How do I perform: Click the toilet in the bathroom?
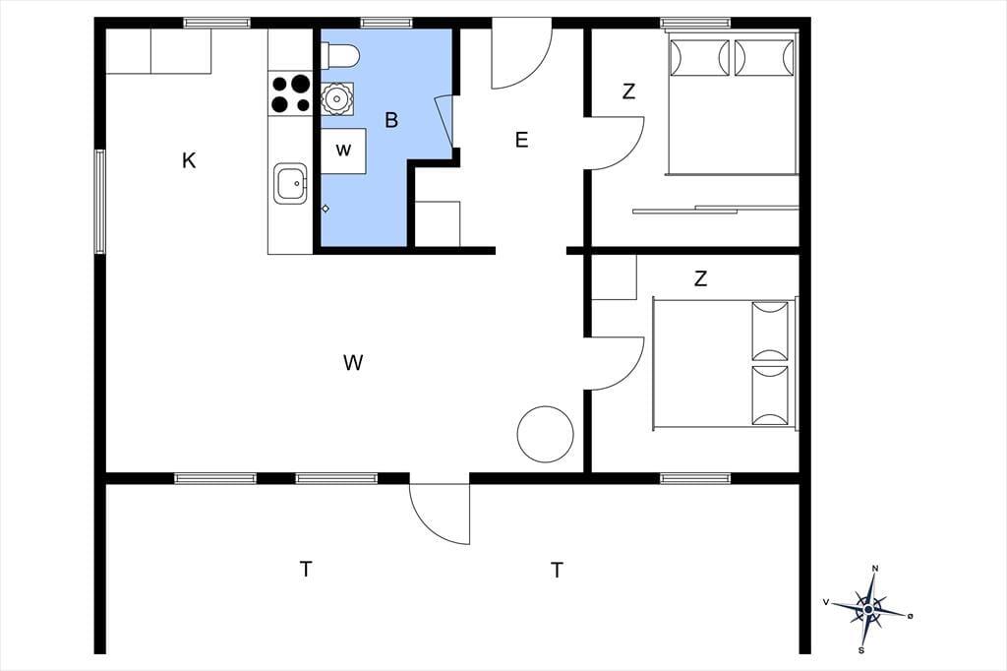click(x=339, y=55)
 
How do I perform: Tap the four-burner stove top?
click(x=290, y=93)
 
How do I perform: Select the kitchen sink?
click(x=290, y=184)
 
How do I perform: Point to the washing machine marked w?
click(x=343, y=152)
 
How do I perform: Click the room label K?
click(x=189, y=160)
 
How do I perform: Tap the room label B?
click(x=391, y=120)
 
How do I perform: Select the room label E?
click(x=521, y=140)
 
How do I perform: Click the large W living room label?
click(x=353, y=362)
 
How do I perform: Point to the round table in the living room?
click(x=545, y=434)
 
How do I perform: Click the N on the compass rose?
click(x=874, y=568)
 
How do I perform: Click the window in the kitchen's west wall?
click(x=99, y=201)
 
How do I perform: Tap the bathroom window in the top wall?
click(x=385, y=24)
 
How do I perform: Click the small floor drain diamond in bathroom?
click(x=326, y=209)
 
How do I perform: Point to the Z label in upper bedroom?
click(x=628, y=91)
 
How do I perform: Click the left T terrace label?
click(x=307, y=569)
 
